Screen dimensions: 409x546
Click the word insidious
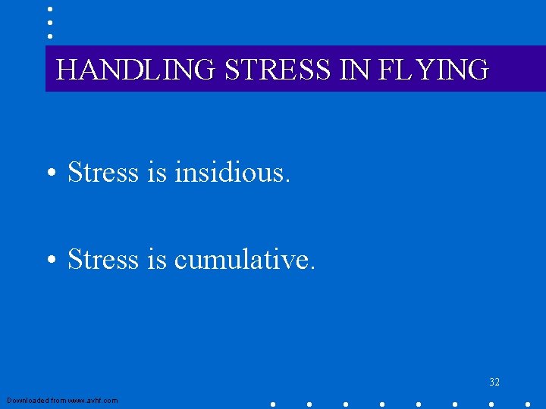coord(232,173)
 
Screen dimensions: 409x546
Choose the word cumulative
coord(243,260)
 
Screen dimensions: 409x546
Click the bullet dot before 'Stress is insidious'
coord(49,173)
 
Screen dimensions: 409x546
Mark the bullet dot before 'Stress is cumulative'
coord(49,261)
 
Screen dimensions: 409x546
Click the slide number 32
coord(494,382)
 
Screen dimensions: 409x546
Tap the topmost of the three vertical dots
coord(49,9)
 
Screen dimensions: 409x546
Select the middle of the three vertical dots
coord(49,22)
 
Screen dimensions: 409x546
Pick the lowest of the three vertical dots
coord(49,35)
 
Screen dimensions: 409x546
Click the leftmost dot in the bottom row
coord(273,404)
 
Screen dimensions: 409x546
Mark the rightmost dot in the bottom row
coord(528,404)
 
